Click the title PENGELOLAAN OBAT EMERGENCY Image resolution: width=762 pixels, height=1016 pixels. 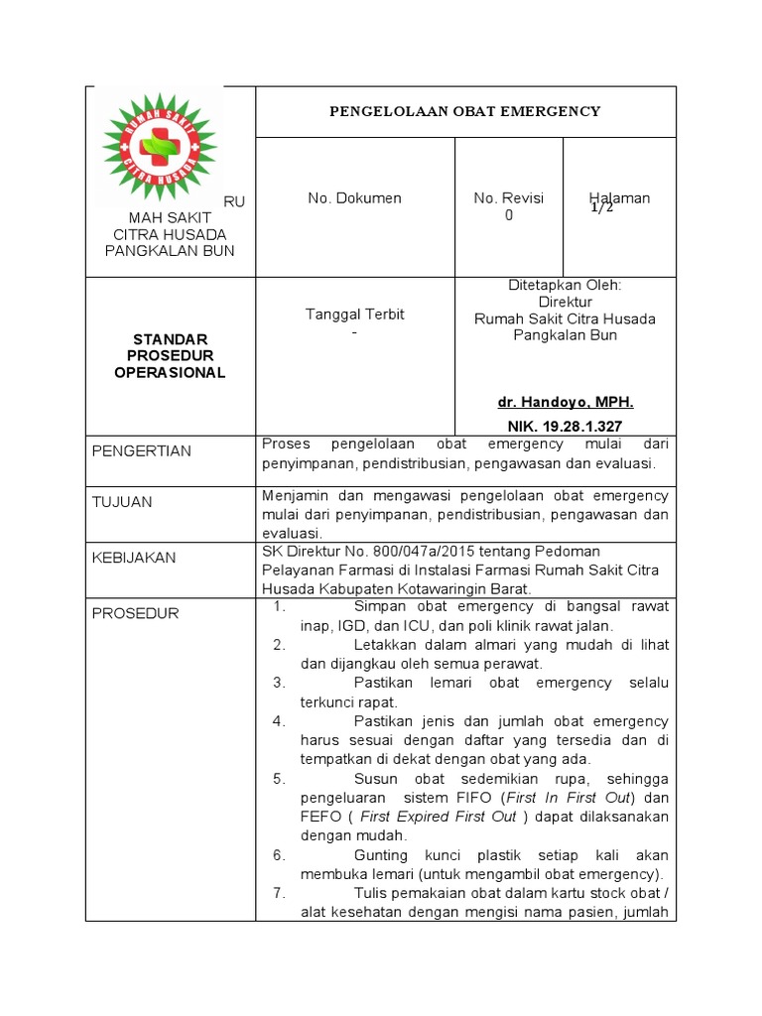coord(465,111)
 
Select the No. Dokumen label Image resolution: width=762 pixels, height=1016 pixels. coord(354,198)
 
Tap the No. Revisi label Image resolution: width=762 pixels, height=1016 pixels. coord(509,198)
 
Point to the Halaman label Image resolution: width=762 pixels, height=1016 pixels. coord(619,198)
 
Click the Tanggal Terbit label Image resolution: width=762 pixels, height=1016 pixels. coord(354,315)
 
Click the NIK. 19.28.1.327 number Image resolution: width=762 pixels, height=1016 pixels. coord(565,426)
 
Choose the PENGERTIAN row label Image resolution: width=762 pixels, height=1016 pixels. coord(142,451)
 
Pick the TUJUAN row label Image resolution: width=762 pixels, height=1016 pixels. coord(122,502)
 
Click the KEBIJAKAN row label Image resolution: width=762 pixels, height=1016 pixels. coord(134,558)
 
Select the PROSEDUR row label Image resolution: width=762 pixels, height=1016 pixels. coord(135,613)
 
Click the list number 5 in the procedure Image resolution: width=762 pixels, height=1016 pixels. coord(279,779)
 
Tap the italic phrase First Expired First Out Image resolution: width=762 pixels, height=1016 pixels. coord(438,817)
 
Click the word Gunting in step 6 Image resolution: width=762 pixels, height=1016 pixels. coord(380,855)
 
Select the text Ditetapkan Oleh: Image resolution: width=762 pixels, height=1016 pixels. coord(565,285)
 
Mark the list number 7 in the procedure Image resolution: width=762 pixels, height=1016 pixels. coord(279,893)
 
